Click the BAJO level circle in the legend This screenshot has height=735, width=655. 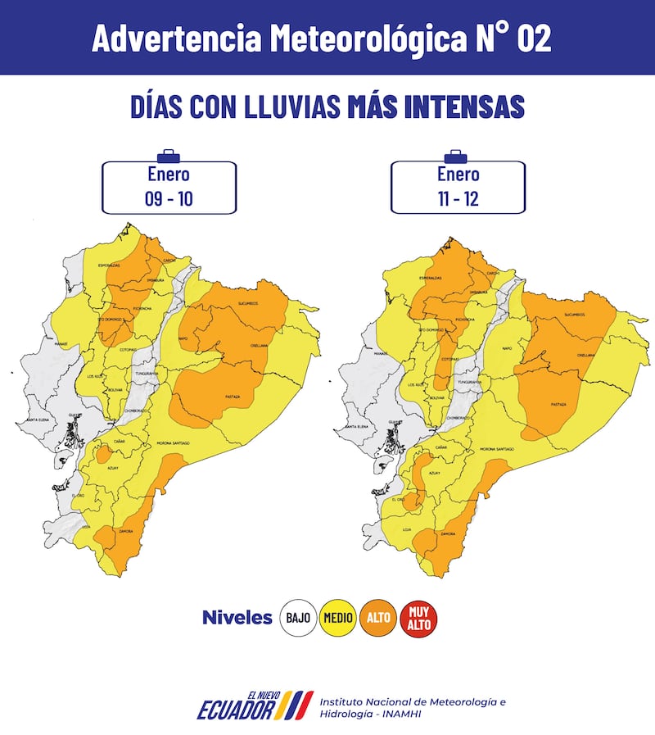[x=298, y=618]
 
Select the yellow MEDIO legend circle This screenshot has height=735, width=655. [x=337, y=618]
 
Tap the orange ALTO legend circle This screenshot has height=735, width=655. [x=378, y=618]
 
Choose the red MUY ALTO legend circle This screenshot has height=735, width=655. [x=419, y=618]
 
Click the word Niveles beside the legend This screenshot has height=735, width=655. [x=237, y=618]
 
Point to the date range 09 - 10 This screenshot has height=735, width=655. [x=169, y=198]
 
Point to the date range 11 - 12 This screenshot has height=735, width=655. [x=458, y=198]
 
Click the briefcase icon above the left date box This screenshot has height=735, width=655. [x=169, y=156]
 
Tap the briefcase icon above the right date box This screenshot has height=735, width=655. [x=456, y=156]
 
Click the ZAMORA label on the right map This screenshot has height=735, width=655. [x=448, y=533]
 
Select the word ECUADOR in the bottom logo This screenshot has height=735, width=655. [x=235, y=710]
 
